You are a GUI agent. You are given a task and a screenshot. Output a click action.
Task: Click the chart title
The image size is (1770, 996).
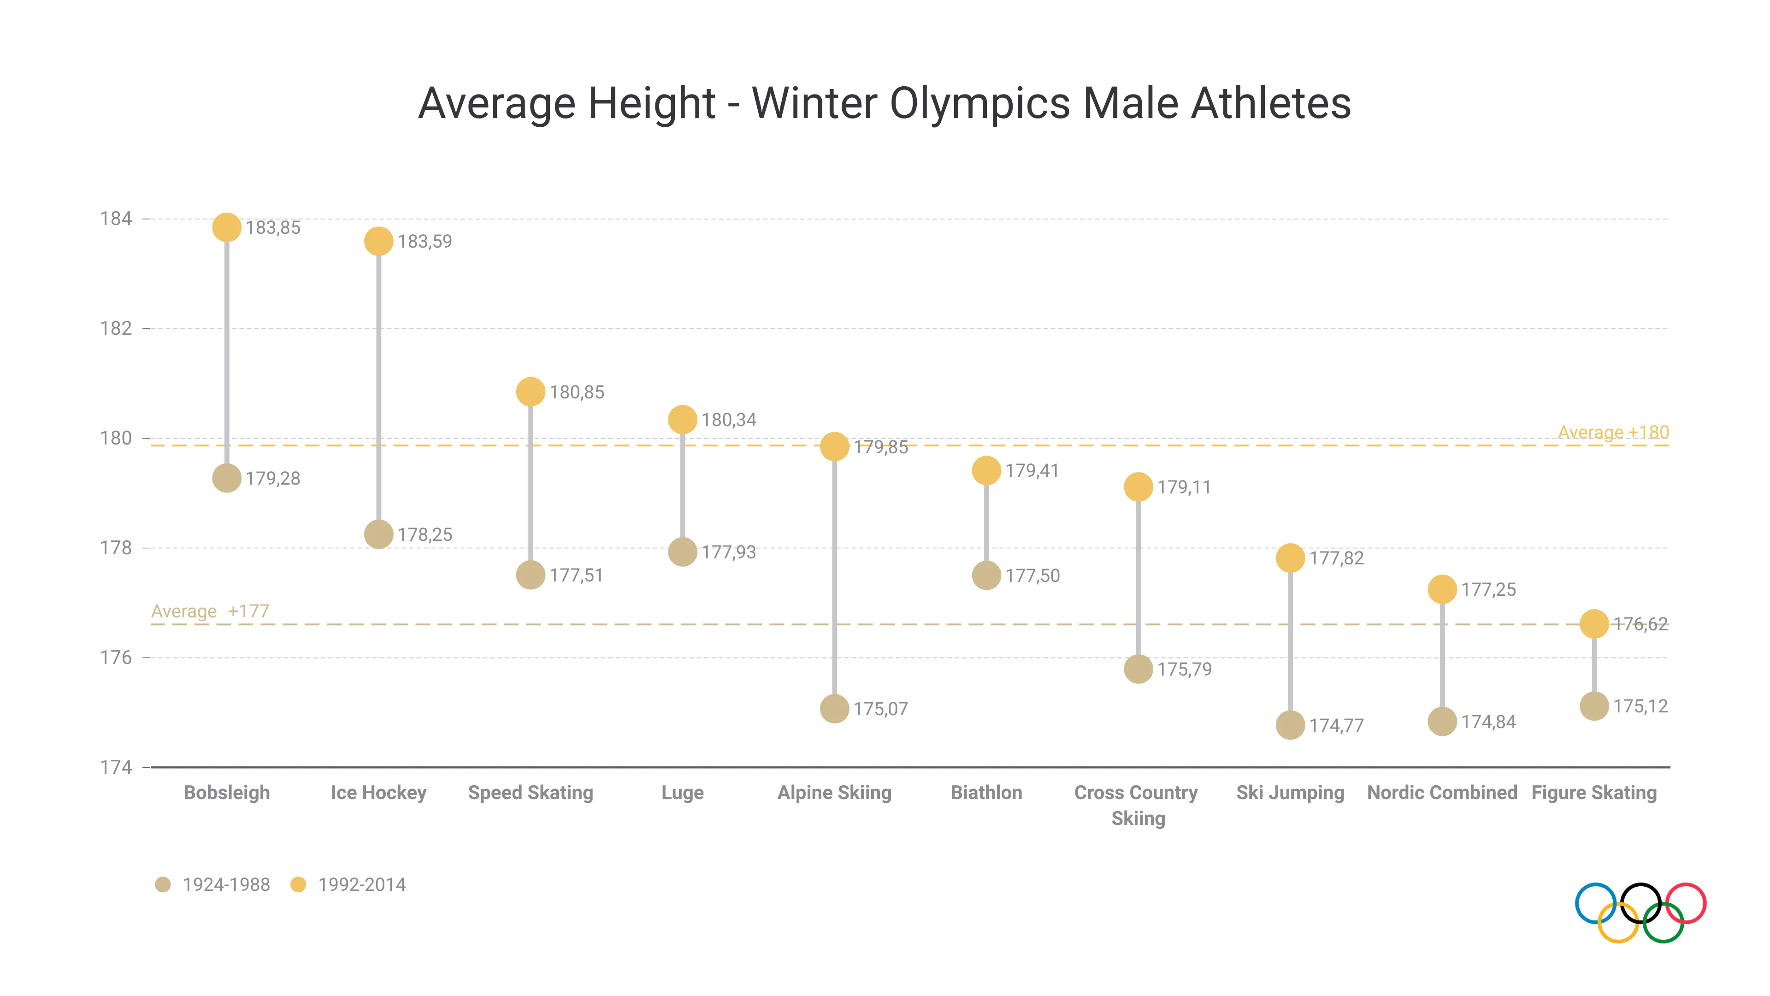885,104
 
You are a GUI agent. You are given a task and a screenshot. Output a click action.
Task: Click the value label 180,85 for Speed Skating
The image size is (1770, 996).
577,392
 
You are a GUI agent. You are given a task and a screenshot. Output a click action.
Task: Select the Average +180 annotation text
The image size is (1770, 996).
1613,433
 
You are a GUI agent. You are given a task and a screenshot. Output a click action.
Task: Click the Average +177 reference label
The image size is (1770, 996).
210,611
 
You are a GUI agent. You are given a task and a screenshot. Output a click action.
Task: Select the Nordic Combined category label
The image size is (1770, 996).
1441,793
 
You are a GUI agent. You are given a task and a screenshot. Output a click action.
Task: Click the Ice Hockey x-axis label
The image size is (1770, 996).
378,793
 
